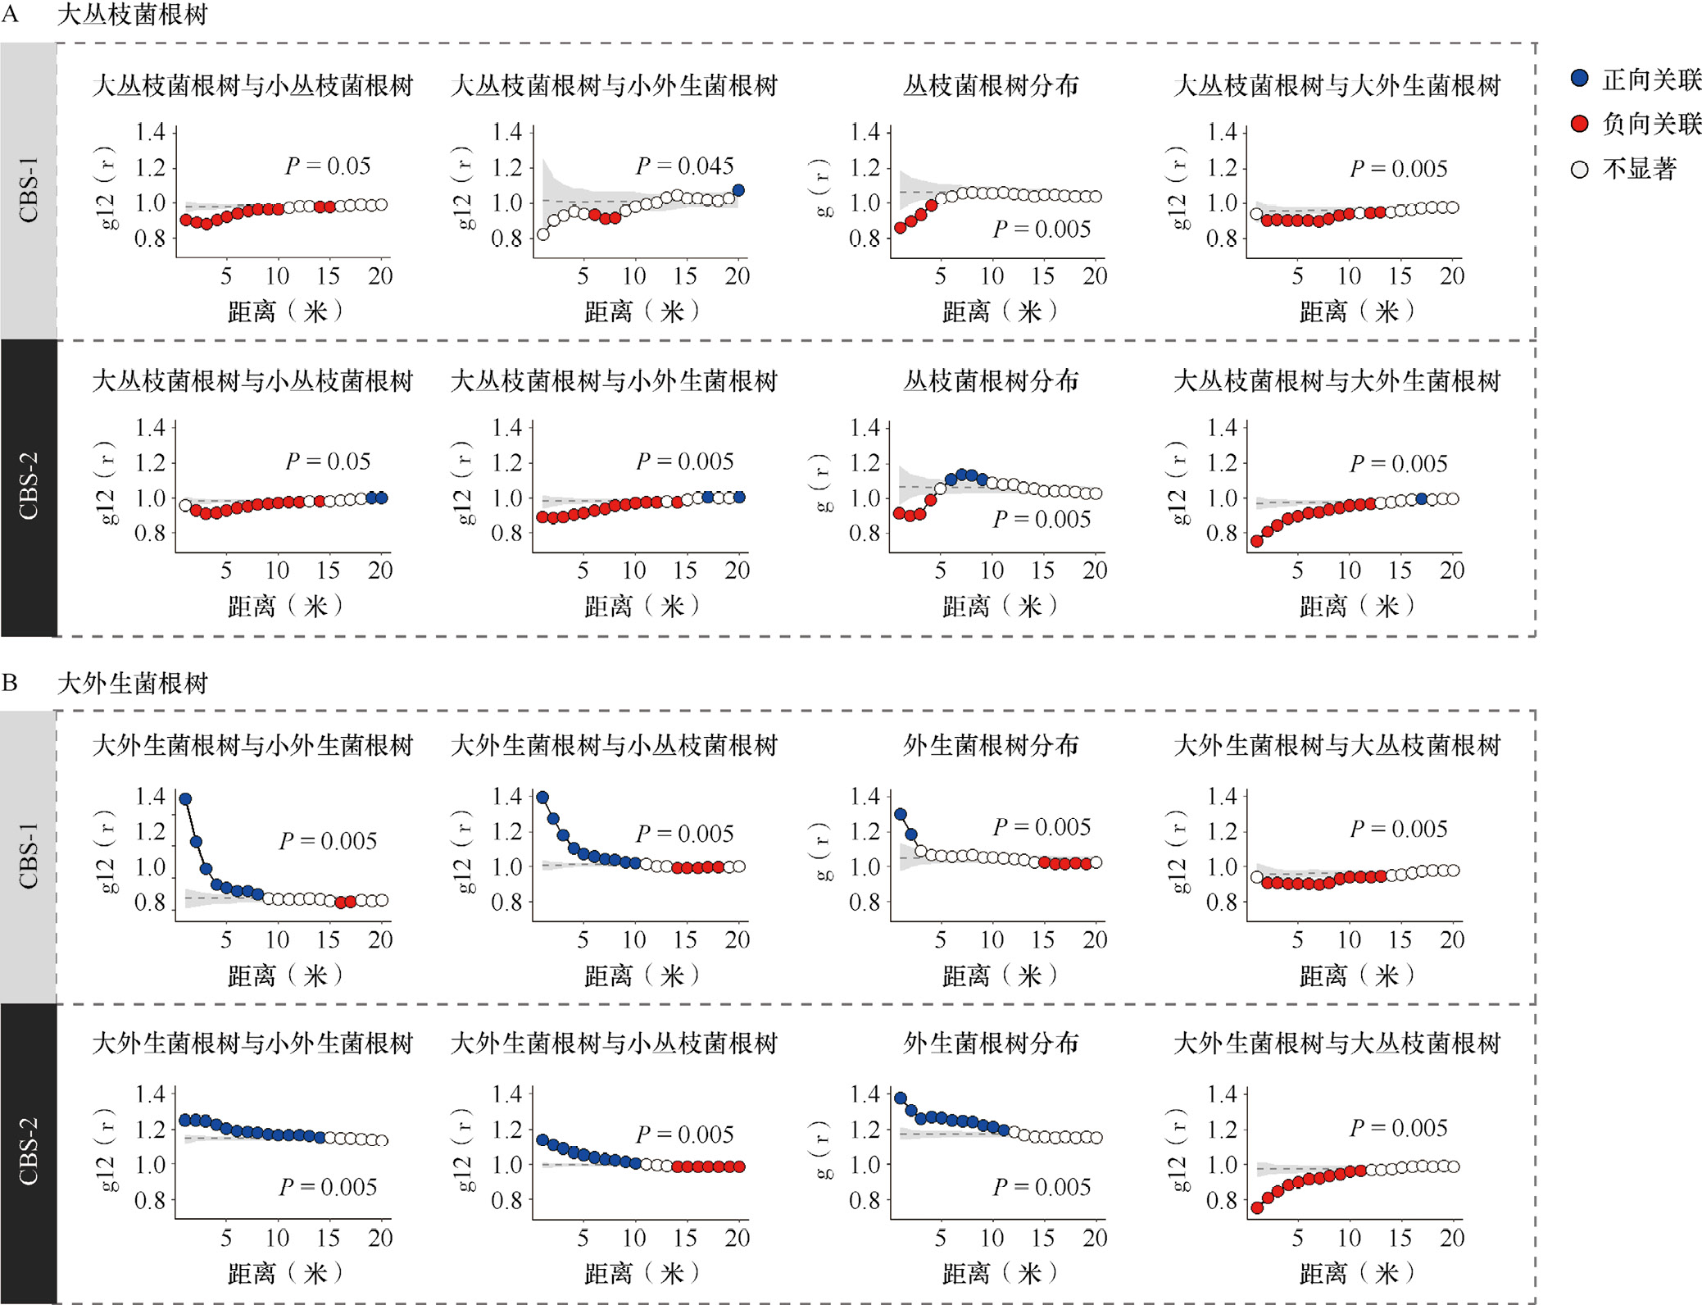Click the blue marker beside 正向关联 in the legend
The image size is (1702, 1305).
(x=1579, y=79)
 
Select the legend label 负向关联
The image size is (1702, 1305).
(x=1650, y=124)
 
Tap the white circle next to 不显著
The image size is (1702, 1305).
(x=1579, y=170)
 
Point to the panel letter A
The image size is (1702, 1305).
(x=10, y=14)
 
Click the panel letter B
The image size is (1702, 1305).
(x=10, y=683)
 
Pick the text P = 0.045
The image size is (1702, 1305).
(x=684, y=166)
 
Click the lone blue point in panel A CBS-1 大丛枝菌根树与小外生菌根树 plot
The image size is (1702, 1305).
(x=738, y=190)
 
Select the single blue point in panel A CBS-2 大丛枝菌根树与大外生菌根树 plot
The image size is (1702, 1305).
(x=1422, y=499)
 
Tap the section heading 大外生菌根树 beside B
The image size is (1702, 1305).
(x=132, y=683)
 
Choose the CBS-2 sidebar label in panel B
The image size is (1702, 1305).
(x=29, y=1151)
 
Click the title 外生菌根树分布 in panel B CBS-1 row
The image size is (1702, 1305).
(x=990, y=745)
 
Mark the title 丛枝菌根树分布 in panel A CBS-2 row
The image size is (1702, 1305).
(x=990, y=381)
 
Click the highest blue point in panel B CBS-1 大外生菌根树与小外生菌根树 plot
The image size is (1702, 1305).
(x=185, y=798)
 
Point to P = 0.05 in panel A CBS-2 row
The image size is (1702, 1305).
(x=328, y=461)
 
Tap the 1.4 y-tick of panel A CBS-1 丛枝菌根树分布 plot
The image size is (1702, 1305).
(x=865, y=132)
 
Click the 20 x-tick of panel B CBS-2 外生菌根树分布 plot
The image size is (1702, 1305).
(x=1094, y=1238)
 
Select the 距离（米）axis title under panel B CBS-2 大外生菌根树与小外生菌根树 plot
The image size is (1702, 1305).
(x=284, y=1273)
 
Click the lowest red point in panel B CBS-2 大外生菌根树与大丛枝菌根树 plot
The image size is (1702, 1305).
(x=1257, y=1207)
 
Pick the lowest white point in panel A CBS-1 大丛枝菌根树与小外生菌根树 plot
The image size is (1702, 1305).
(x=542, y=234)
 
